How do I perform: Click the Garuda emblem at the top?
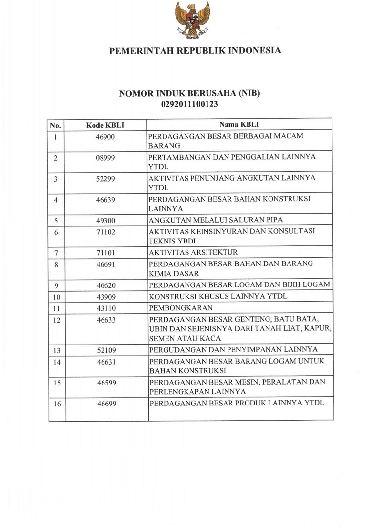pos(192,20)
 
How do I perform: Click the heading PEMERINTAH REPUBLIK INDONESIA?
pos(195,51)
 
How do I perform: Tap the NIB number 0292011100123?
pos(189,104)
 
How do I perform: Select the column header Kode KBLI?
pos(105,125)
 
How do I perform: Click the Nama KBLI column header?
pos(239,125)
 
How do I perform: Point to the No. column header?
pos(55,125)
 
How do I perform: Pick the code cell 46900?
pos(105,137)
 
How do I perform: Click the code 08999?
pos(105,158)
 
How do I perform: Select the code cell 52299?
pos(105,179)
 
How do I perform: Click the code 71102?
pos(105,232)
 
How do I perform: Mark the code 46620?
pos(105,285)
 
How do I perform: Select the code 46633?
pos(105,320)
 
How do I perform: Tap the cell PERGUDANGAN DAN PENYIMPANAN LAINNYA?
pos(233,350)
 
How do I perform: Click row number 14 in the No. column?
pos(56,362)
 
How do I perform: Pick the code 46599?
pos(105,383)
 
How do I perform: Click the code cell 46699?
pos(105,404)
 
